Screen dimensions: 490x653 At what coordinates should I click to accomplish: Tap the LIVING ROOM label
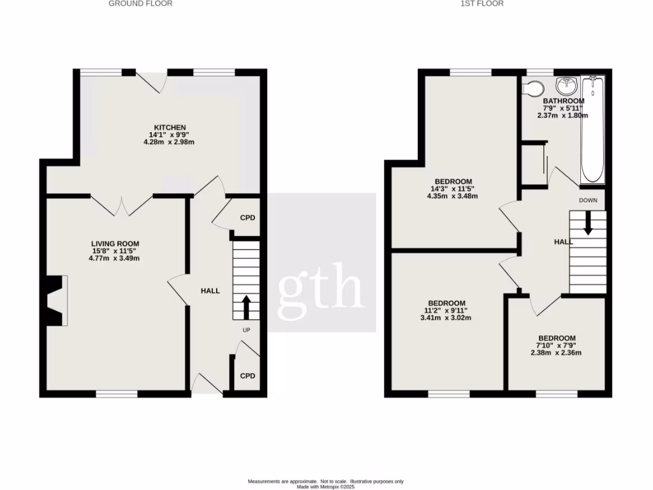click(115, 244)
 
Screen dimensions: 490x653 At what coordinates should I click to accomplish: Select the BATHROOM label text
click(563, 101)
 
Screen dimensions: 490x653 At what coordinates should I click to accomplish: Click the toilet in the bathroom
click(531, 87)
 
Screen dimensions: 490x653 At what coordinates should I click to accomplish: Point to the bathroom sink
click(566, 85)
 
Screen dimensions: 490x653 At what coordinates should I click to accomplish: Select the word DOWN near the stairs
click(588, 200)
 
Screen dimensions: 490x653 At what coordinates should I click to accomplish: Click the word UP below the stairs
click(246, 330)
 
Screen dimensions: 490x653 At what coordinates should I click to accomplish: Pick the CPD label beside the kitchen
click(247, 218)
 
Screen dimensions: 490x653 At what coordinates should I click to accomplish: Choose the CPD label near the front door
click(247, 376)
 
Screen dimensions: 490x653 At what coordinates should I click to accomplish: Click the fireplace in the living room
click(56, 300)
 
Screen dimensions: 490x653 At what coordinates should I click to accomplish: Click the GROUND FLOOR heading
click(140, 4)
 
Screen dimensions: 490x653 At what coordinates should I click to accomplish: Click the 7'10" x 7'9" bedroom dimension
click(557, 346)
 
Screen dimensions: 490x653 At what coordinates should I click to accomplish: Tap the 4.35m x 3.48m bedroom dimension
click(453, 197)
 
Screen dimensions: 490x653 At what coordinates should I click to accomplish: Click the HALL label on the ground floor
click(210, 291)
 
